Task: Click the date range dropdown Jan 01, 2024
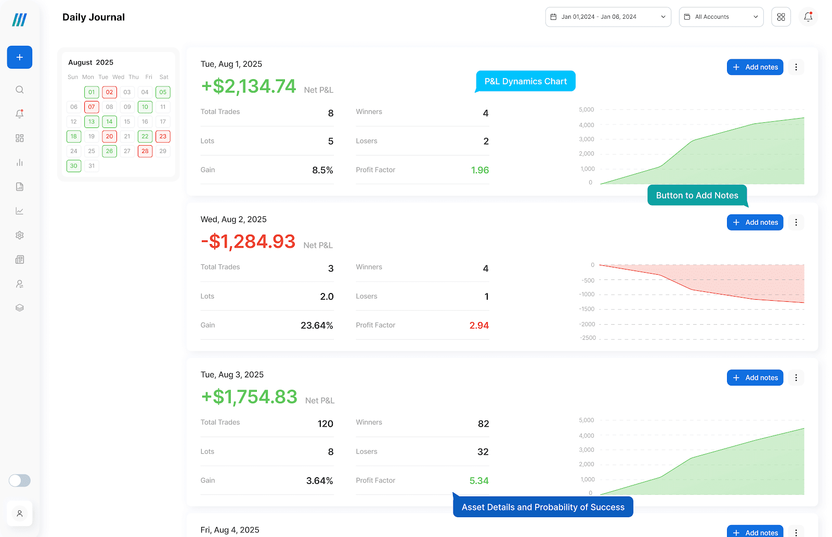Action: [x=608, y=17]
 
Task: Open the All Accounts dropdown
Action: [x=721, y=17]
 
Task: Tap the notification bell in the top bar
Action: [x=808, y=17]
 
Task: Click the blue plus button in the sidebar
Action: [x=20, y=57]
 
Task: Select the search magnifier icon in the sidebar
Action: [x=20, y=89]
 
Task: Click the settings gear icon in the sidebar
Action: [x=20, y=235]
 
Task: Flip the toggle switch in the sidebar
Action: [x=20, y=480]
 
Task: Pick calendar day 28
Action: [x=145, y=151]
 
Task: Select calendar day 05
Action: [x=163, y=92]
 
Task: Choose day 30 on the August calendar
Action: [x=74, y=166]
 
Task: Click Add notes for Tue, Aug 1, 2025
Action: [x=755, y=67]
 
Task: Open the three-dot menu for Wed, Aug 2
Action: [x=796, y=223]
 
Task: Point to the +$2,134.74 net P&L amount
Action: [x=249, y=86]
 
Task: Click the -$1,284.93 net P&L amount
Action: [x=248, y=242]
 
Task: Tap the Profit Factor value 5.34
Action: [x=479, y=481]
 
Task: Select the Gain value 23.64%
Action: [x=317, y=326]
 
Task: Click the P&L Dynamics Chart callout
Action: [x=526, y=81]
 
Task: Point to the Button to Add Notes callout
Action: [x=697, y=196]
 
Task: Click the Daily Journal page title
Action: [x=94, y=17]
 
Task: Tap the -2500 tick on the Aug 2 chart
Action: [x=588, y=338]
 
